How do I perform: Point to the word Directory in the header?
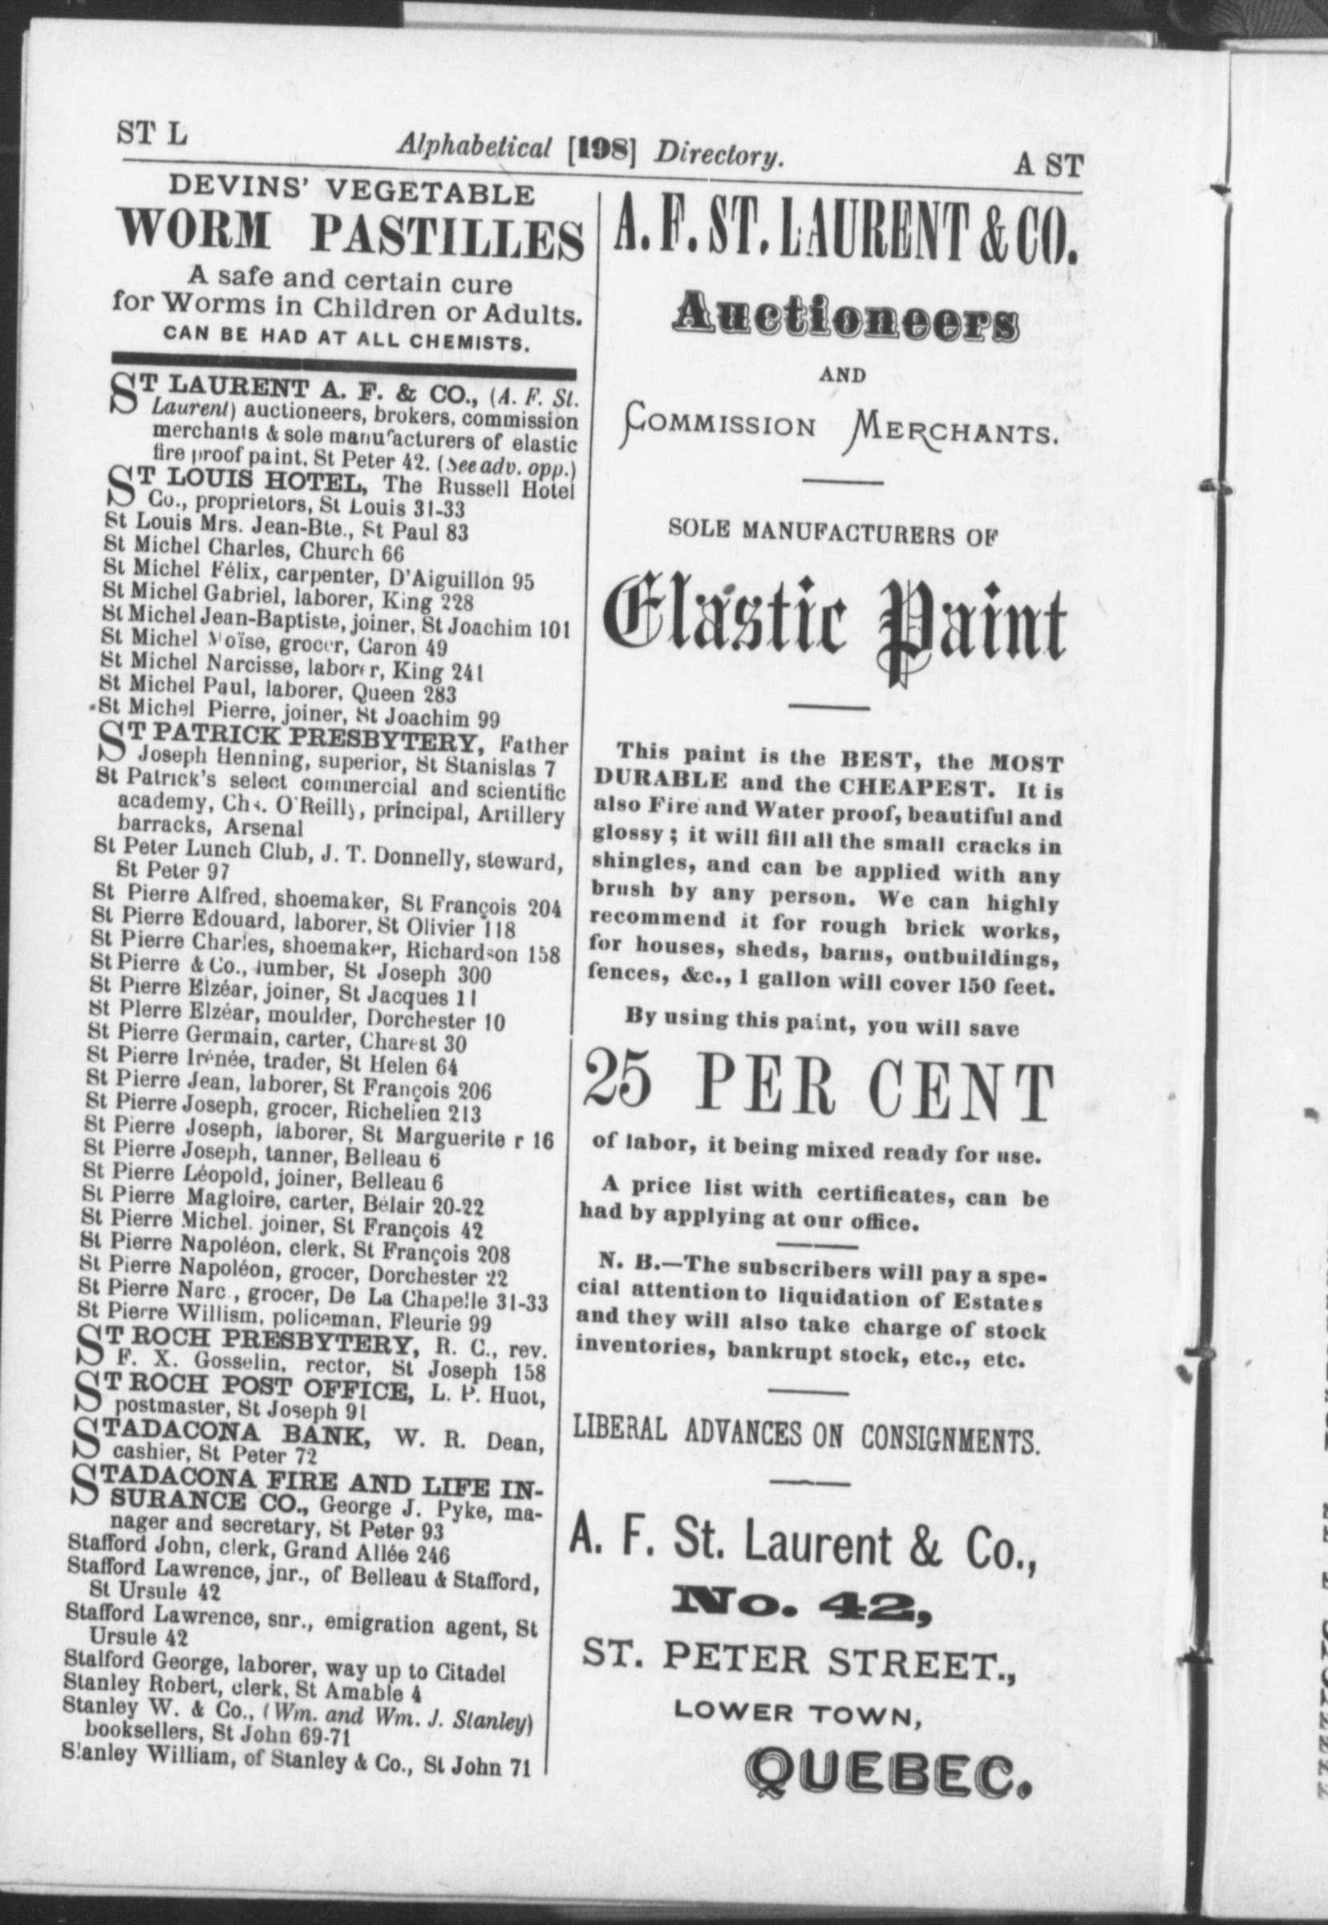coord(719,155)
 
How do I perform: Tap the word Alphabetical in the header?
coord(473,148)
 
